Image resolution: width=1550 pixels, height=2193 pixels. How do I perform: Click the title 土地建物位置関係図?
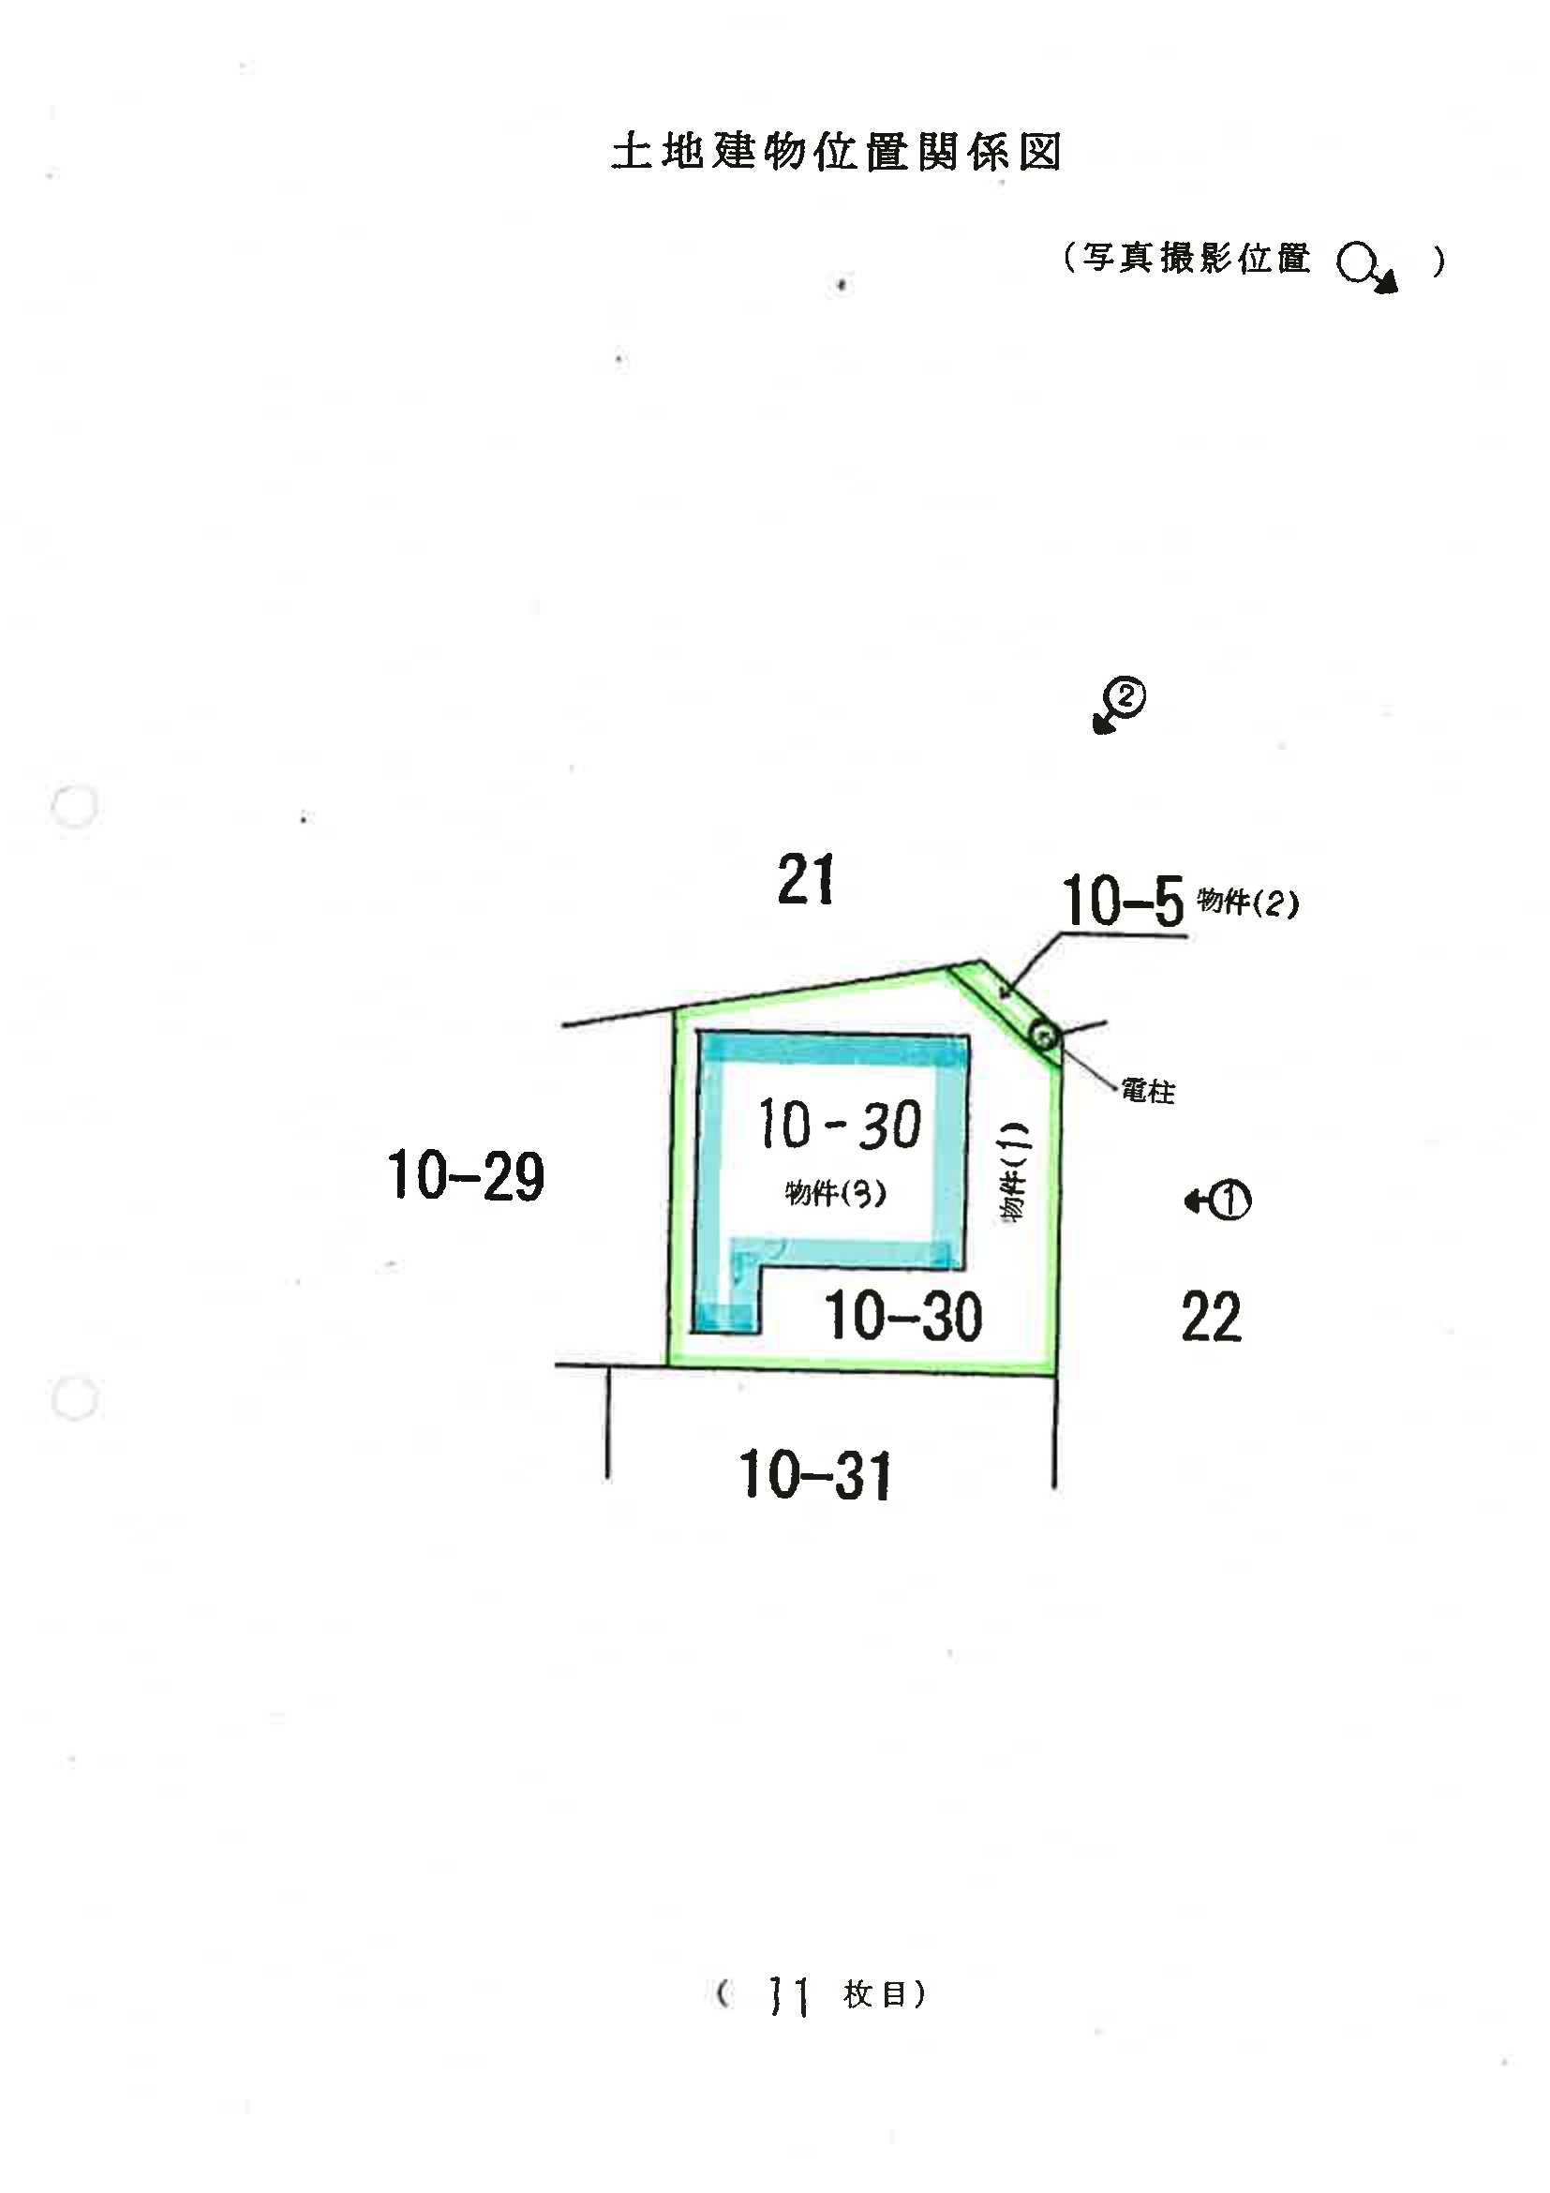click(837, 152)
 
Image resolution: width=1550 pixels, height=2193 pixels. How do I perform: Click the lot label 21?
click(805, 880)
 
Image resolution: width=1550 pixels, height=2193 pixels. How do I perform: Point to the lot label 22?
click(1211, 1316)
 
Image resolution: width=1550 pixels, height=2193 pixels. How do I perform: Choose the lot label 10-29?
click(466, 1175)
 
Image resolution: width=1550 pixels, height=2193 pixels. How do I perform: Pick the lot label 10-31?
click(815, 1475)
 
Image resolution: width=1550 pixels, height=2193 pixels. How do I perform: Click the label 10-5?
click(1122, 901)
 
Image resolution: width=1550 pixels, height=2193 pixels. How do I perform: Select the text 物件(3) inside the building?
click(836, 1192)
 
